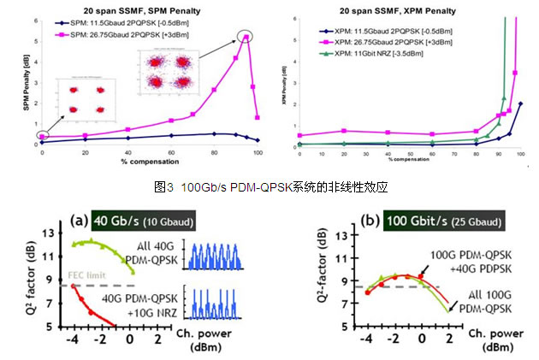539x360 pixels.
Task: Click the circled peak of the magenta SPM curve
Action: tap(246, 37)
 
